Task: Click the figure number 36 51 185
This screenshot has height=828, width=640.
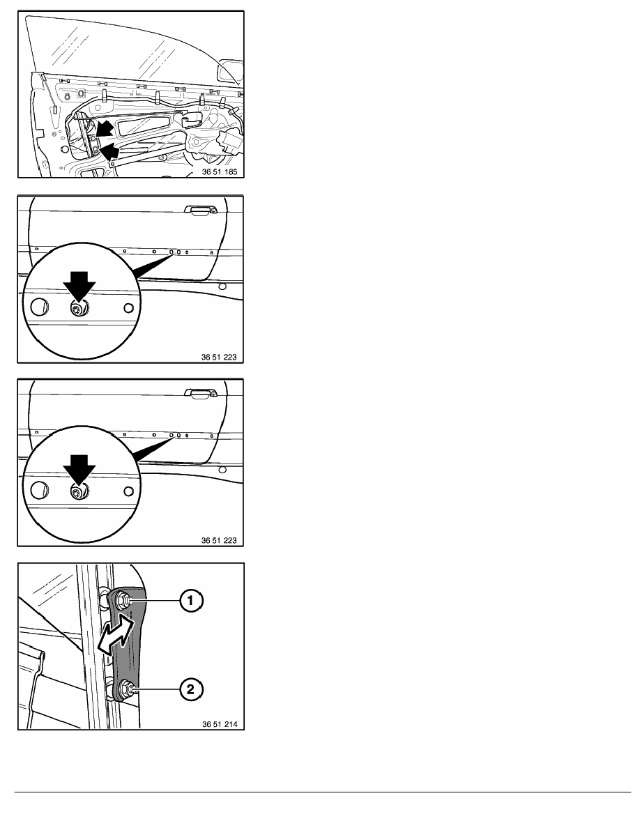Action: point(220,171)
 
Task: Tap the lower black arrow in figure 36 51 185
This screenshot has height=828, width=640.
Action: point(109,152)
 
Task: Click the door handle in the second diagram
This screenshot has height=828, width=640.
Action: point(200,210)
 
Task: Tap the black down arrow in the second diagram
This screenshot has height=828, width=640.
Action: point(79,286)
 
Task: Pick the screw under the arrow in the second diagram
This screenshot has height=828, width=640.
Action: point(79,309)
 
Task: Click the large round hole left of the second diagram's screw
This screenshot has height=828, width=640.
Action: point(39,307)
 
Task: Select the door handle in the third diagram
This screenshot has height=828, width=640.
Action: point(200,393)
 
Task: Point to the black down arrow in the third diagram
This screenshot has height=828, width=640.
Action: point(79,470)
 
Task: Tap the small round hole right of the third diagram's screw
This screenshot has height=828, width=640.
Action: point(128,491)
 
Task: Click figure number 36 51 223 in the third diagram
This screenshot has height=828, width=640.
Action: point(219,540)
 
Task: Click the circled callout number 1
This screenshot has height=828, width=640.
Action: point(190,600)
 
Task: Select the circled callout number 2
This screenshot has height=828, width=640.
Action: point(190,689)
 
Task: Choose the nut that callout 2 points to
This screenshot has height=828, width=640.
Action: point(126,688)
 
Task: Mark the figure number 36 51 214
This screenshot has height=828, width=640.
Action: point(220,724)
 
